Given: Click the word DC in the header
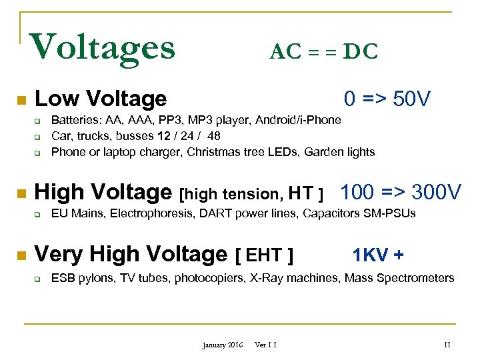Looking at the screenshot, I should (360, 51).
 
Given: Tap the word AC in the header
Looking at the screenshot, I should (283, 51).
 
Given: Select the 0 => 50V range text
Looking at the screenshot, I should (387, 99).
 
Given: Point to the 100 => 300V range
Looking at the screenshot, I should (400, 193).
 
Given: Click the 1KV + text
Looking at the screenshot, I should (377, 255).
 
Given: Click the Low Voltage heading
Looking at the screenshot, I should (101, 99).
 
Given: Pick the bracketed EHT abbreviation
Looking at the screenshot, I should (265, 255).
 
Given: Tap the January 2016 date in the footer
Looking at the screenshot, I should (223, 345).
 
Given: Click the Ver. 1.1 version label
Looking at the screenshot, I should (266, 345).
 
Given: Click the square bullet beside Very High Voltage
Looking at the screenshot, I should (21, 255).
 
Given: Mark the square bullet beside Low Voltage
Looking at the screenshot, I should (21, 101).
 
